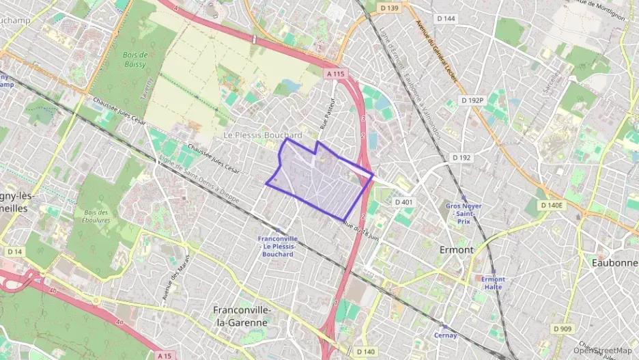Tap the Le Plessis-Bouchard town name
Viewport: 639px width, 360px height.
(x=263, y=135)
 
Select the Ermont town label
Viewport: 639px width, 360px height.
(x=457, y=249)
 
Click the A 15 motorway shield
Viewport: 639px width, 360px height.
(x=164, y=355)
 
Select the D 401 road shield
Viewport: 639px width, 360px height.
(x=403, y=202)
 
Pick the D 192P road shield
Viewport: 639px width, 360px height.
(x=472, y=100)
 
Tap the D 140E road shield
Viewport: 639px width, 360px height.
(x=552, y=205)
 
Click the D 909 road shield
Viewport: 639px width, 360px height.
(x=563, y=329)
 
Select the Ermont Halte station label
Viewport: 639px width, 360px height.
(x=493, y=283)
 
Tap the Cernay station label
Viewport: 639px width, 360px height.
(x=445, y=335)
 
